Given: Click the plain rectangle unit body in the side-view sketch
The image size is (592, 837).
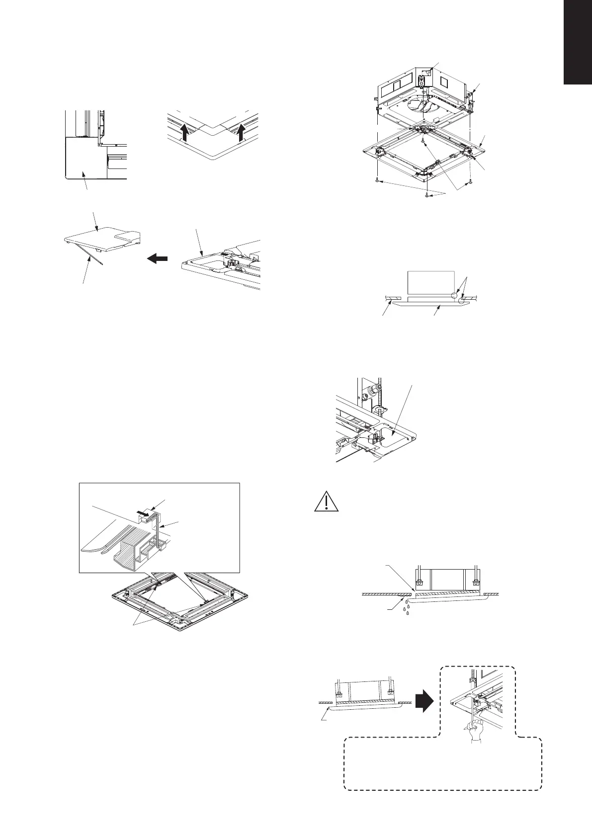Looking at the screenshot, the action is [x=430, y=285].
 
